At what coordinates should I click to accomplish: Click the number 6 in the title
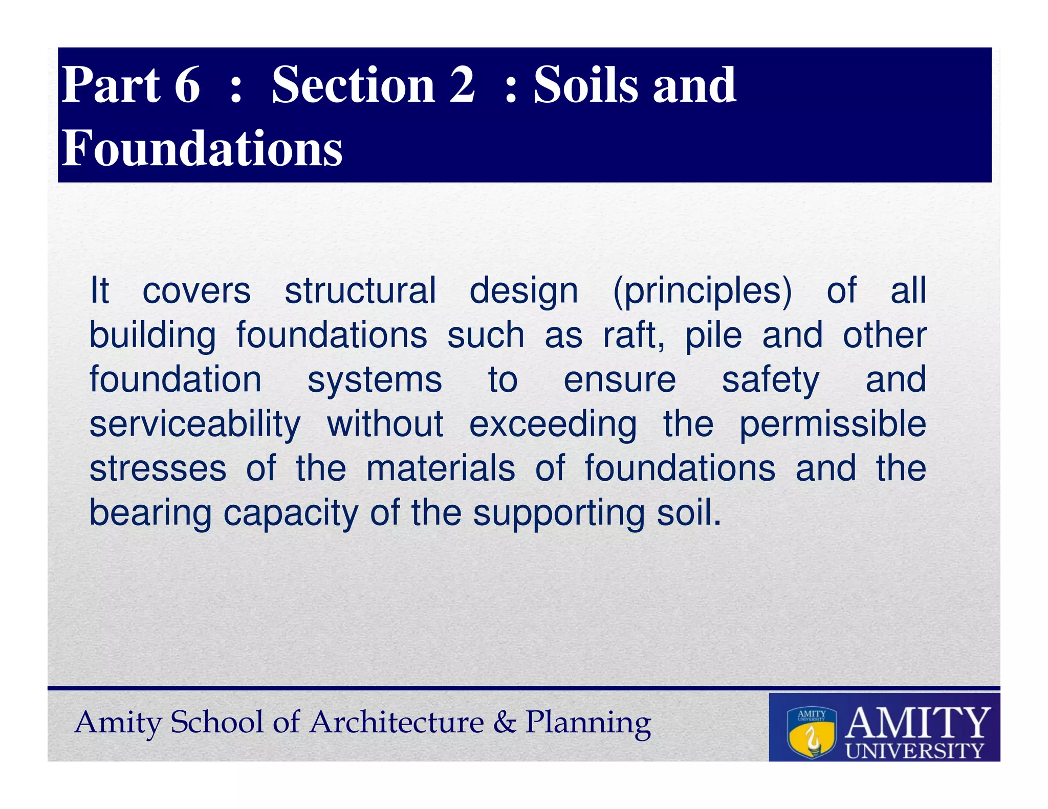[x=187, y=85]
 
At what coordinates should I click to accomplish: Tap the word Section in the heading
[x=353, y=85]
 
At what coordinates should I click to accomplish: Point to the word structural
[x=360, y=290]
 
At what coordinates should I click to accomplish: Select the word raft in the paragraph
[x=631, y=335]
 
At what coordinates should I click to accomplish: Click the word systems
[x=375, y=380]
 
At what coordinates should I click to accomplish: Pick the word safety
[x=771, y=380]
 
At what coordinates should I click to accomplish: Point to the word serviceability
[x=195, y=425]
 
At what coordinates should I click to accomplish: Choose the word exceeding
[x=553, y=425]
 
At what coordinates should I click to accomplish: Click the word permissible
[x=833, y=425]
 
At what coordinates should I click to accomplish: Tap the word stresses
[x=158, y=469]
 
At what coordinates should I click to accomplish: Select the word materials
[x=441, y=469]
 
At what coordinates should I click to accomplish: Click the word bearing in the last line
[x=150, y=513]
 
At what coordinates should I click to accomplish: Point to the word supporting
[x=559, y=513]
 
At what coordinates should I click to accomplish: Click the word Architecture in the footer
[x=397, y=722]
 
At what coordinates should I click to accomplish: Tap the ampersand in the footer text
[x=505, y=722]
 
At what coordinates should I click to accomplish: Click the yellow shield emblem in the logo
[x=812, y=733]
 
